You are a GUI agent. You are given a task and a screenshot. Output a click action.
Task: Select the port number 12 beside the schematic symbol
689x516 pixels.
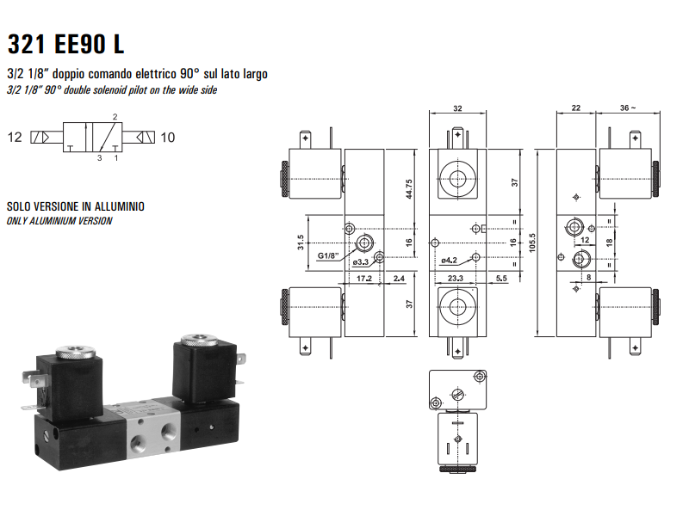15,137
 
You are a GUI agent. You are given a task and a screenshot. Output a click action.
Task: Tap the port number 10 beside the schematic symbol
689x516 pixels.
168,137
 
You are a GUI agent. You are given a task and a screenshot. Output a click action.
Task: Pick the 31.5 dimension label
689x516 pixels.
301,244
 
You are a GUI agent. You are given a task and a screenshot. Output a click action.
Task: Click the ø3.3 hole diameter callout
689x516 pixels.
361,261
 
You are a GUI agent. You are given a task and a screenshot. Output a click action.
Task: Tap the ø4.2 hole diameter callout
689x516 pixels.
449,260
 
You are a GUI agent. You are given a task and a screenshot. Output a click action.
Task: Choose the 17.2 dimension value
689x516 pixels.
363,279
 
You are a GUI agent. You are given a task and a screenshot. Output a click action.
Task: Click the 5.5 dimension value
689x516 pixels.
500,279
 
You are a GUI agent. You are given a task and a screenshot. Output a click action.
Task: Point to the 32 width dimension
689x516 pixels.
456,109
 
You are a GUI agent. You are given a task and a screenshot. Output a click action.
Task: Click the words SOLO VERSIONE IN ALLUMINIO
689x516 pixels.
76,207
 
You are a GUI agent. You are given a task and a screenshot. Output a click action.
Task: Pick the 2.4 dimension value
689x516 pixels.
399,279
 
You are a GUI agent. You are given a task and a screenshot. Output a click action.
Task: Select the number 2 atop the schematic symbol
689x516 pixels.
115,116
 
